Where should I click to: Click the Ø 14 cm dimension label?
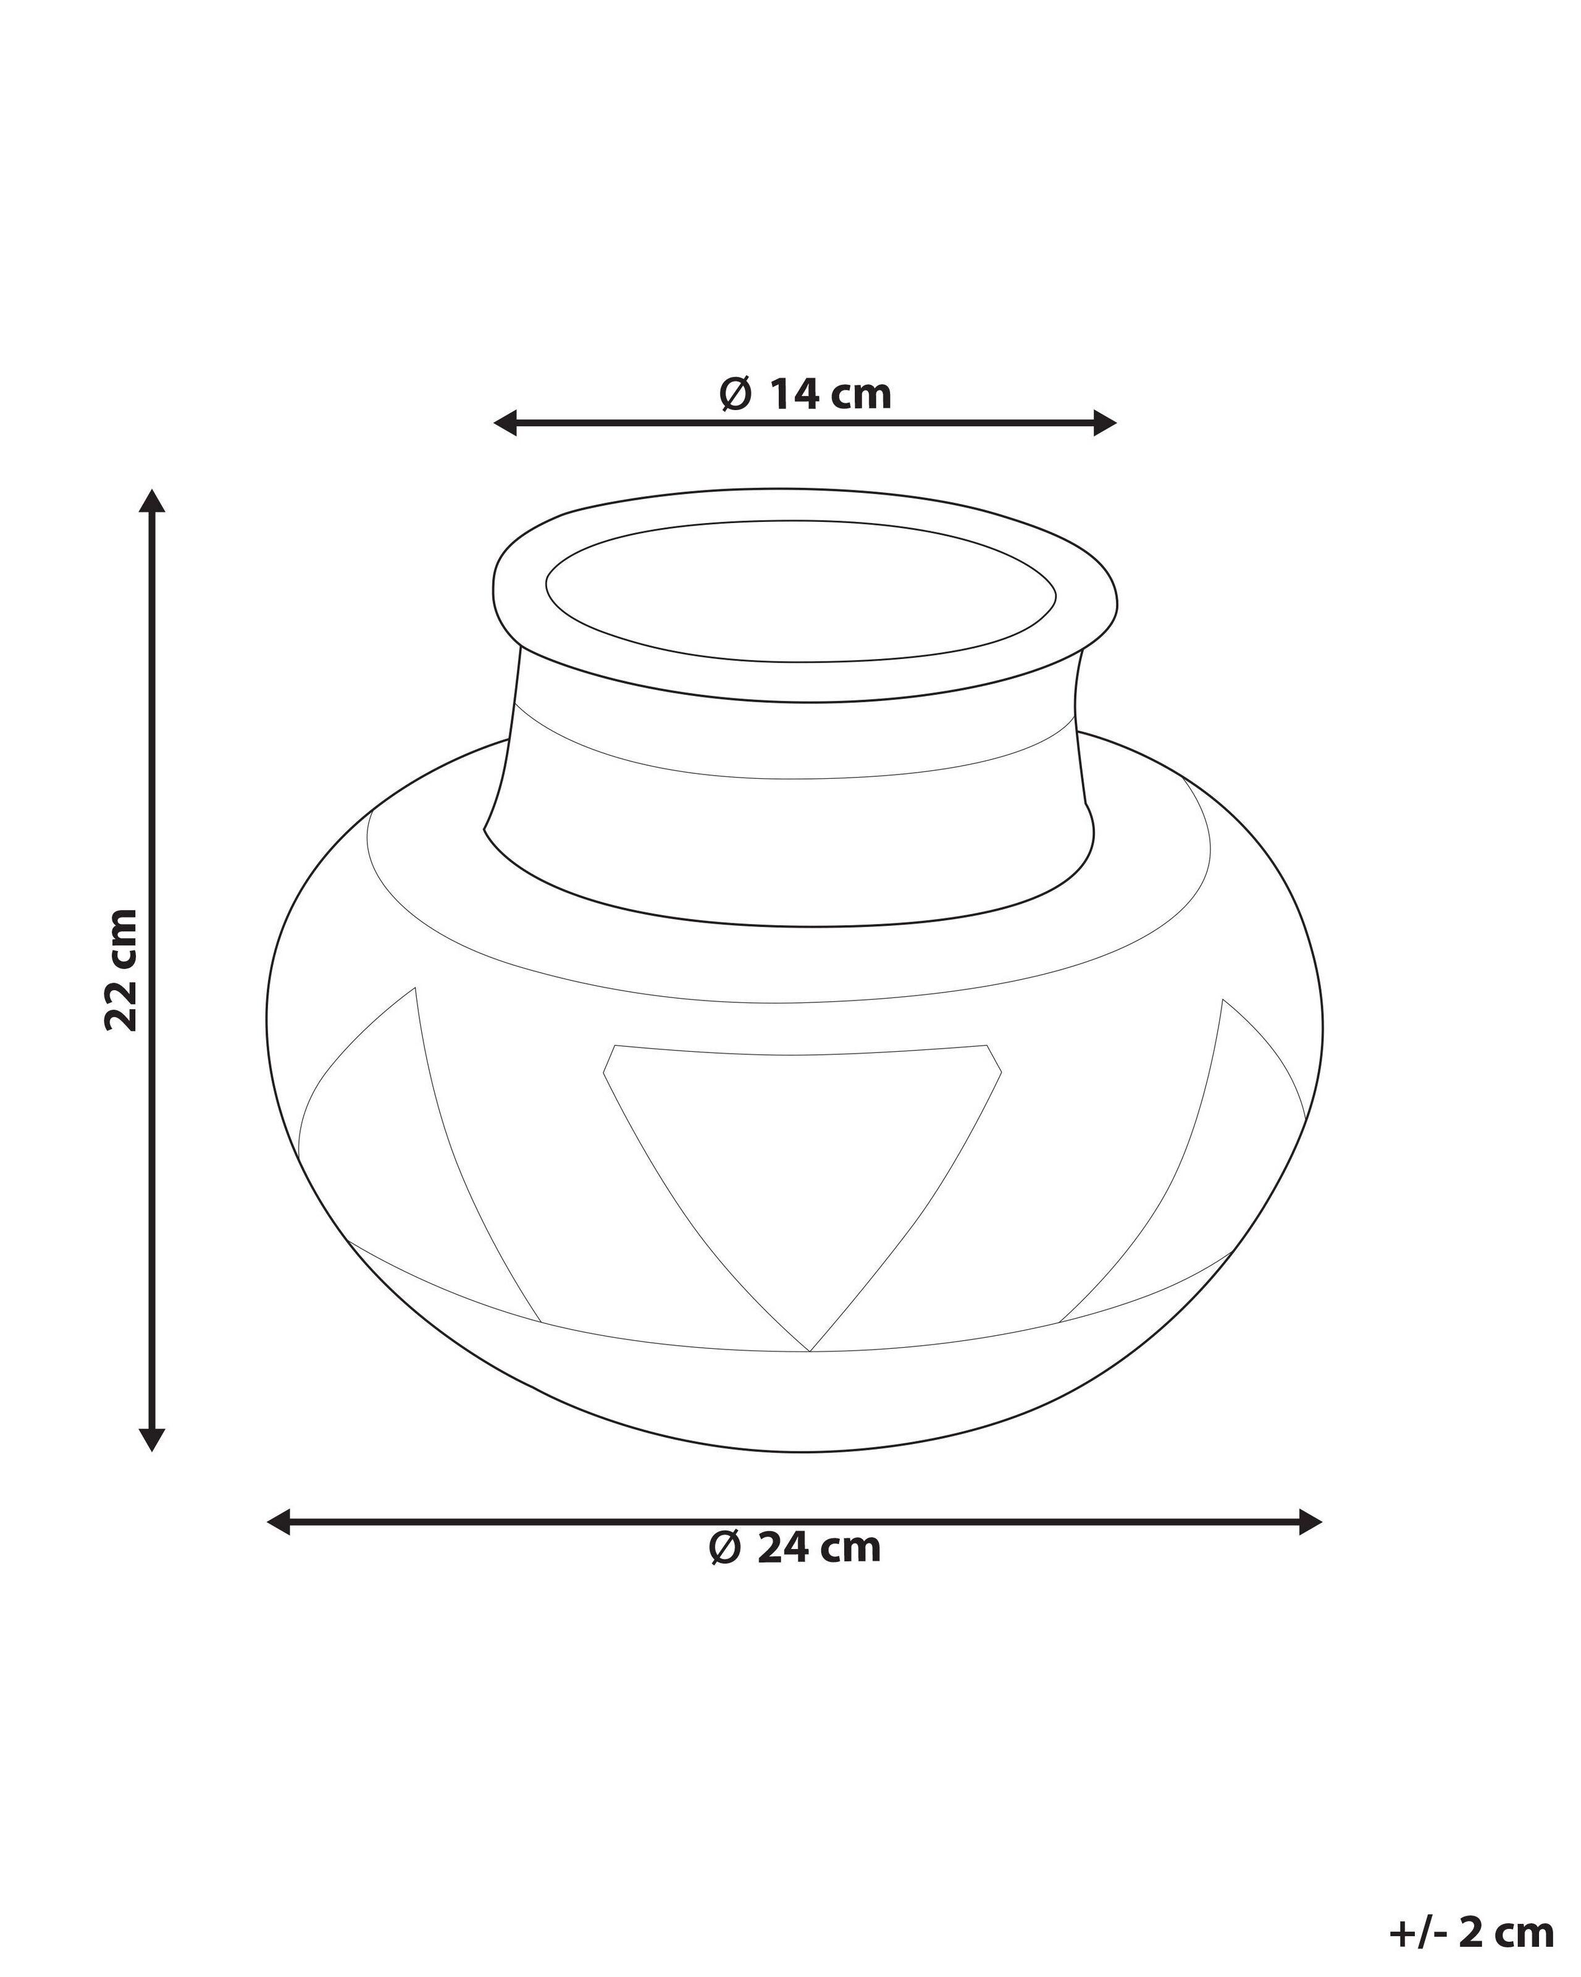(x=804, y=394)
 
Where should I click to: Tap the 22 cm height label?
(x=122, y=970)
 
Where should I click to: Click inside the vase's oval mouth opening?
(x=800, y=590)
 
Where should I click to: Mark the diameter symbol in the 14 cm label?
(x=736, y=394)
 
